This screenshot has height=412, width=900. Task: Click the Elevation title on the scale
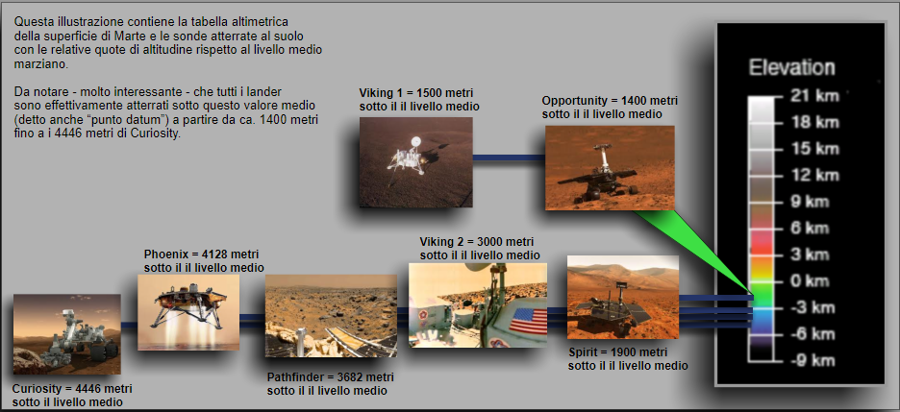coord(792,68)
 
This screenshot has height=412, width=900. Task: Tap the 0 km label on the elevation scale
coord(811,280)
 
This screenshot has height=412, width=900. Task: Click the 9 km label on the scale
coord(811,202)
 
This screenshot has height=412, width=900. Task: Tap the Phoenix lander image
coord(188,312)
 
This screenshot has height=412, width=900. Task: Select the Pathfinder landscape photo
coord(331,316)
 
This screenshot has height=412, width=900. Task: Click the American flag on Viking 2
coord(528,321)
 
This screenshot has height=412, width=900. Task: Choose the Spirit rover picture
coord(623,298)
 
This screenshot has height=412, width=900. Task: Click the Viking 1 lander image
coord(416,162)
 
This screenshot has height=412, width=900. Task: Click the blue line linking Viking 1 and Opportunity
coord(509,158)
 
